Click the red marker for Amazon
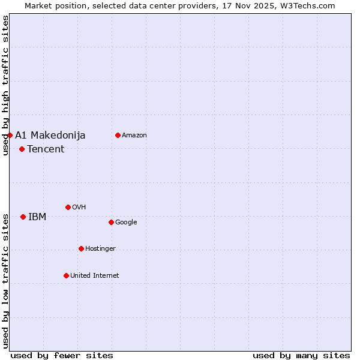click(118, 135)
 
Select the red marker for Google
click(111, 222)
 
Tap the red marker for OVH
click(68, 207)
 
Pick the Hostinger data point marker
click(81, 248)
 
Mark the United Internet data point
click(66, 275)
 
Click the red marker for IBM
click(23, 217)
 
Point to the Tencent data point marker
click(22, 149)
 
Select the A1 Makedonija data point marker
click(10, 135)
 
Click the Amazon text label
click(134, 135)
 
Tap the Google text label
click(126, 222)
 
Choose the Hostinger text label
click(100, 248)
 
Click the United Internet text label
click(95, 275)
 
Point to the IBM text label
click(37, 217)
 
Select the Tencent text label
click(46, 149)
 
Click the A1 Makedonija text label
click(50, 135)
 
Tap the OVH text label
click(79, 207)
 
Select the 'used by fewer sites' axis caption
click(62, 355)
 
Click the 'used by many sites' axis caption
click(301, 355)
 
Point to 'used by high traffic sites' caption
click(5, 85)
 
